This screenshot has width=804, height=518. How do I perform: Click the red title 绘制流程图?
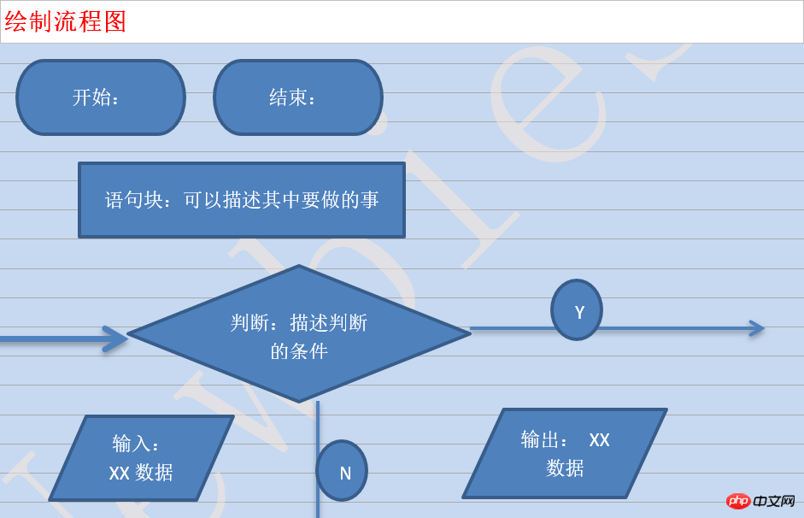point(65,21)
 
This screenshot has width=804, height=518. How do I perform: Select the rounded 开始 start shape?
point(101,97)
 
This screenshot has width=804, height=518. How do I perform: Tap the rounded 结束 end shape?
point(298,97)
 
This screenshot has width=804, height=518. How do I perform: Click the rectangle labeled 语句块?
point(242,200)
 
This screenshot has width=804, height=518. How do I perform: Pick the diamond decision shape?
point(299,333)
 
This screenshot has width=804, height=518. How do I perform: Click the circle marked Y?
point(577,309)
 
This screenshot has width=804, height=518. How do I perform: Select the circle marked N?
point(342,471)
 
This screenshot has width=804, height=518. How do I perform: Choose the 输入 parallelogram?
point(142,458)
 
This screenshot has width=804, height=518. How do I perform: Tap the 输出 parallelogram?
point(565,453)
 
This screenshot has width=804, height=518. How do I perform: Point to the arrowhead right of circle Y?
point(757,328)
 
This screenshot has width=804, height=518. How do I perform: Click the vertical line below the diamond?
point(318,460)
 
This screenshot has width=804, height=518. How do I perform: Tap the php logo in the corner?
point(738,501)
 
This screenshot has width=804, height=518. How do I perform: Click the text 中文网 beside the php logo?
point(774,501)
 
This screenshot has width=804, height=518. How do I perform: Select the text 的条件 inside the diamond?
point(299,351)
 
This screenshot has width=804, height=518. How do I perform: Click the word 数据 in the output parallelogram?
point(565,468)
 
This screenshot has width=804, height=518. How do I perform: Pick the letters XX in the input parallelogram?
point(119,473)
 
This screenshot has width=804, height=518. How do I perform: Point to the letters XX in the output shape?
point(599,440)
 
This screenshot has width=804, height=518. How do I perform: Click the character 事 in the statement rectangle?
point(370,199)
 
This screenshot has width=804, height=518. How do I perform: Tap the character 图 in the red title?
point(114,21)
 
